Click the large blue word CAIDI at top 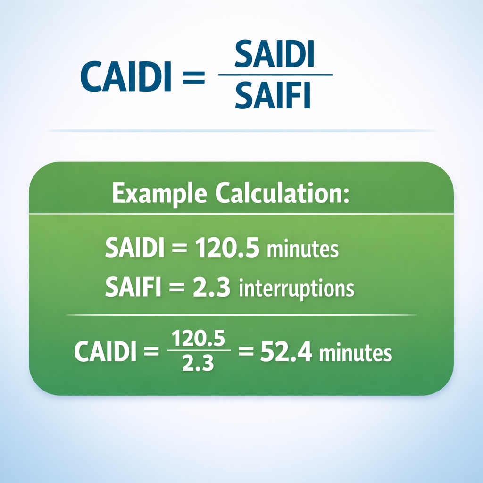[x=125, y=76]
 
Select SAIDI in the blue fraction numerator [x=274, y=56]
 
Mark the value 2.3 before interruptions [x=212, y=287]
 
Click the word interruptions [x=297, y=289]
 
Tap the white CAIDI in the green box [x=106, y=353]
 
